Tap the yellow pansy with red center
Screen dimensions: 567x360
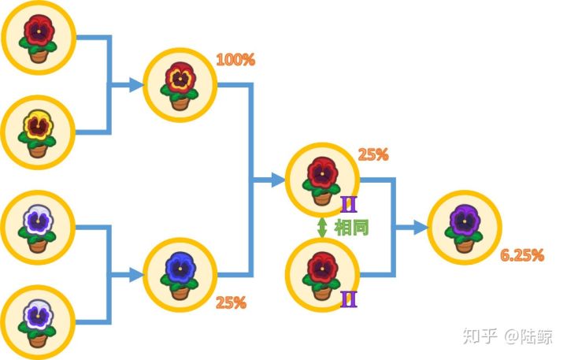click(x=38, y=125)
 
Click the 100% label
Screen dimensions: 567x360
click(x=235, y=60)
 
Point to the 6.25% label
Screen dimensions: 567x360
click(x=522, y=255)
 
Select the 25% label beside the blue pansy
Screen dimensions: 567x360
click(x=231, y=302)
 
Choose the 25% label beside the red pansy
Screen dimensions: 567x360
click(x=373, y=155)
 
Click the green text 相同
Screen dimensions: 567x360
click(x=351, y=228)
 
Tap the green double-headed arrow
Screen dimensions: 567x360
click(x=322, y=228)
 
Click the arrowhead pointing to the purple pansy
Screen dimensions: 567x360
click(x=421, y=228)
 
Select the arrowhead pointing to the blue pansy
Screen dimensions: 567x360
click(x=137, y=276)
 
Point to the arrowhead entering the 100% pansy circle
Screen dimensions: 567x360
click(x=137, y=85)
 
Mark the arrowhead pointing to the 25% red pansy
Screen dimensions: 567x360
click(x=279, y=180)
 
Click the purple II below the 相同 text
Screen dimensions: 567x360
click(x=349, y=299)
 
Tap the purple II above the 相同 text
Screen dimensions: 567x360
click(x=349, y=205)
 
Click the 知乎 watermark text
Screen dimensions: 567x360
click(x=480, y=336)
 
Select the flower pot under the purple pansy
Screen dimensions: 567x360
click(x=464, y=245)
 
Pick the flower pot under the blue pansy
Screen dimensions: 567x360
click(x=180, y=292)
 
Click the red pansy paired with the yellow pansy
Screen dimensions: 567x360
click(x=39, y=31)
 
